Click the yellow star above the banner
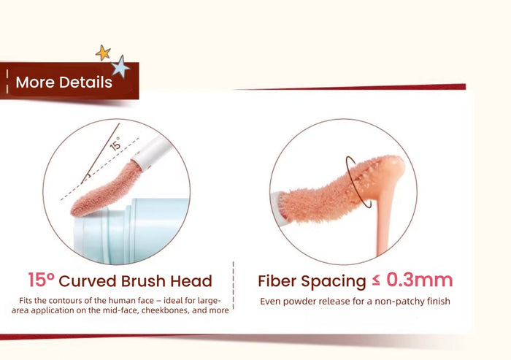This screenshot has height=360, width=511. coord(103,53)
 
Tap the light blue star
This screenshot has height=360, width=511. coord(120,66)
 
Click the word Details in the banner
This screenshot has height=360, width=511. coord(85,83)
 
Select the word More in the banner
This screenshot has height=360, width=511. coord(36,83)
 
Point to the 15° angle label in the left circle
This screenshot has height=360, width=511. coord(115,143)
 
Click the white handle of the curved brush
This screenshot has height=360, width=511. coord(152,153)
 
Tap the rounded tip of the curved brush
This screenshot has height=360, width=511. coord(77,210)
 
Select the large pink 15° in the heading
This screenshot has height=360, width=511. coord(41,280)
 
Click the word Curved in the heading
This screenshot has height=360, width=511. coord(88,281)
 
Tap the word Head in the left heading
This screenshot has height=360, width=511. coord(191,281)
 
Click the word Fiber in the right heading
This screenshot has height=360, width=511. coord(277,281)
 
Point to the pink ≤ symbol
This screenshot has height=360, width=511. coord(376,280)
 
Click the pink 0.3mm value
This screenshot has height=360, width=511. coord(420,280)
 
